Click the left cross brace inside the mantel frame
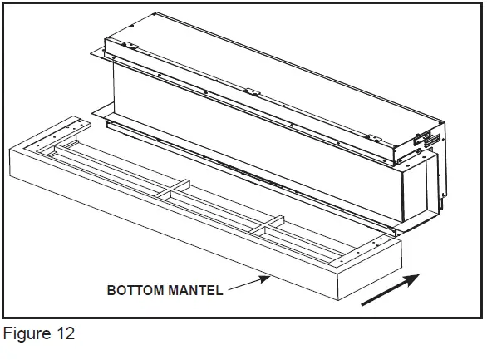(175, 196)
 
